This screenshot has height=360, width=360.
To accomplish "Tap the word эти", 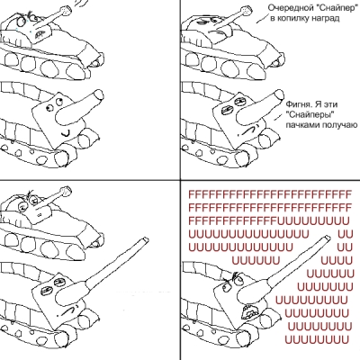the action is (330, 104).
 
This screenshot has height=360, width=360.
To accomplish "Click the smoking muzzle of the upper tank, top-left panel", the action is (65, 11).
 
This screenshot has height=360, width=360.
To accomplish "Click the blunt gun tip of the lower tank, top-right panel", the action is (279, 95).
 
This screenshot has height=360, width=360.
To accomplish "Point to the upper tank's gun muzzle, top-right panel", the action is (246, 10).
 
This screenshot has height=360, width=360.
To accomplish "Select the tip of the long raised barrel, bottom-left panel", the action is (145, 240).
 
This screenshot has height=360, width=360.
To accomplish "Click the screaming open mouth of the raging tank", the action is (249, 312).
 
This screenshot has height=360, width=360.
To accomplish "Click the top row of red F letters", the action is (270, 194).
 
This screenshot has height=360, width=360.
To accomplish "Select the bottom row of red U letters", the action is (317, 340).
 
